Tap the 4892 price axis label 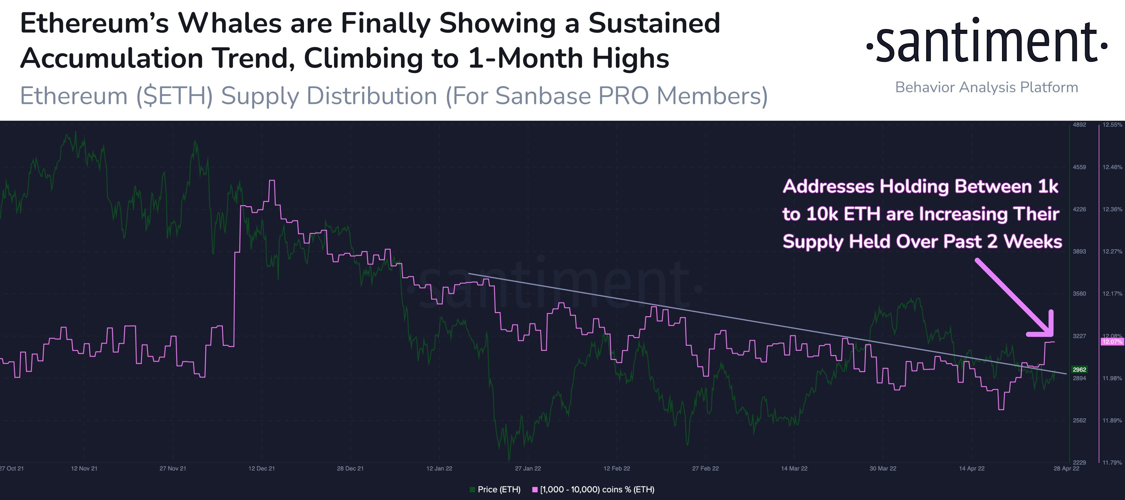pos(1079,125)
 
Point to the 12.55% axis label pos(1112,125)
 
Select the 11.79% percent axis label pos(1112,462)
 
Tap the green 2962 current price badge pos(1079,369)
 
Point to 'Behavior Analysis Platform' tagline pos(986,87)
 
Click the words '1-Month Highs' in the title pos(568,58)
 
